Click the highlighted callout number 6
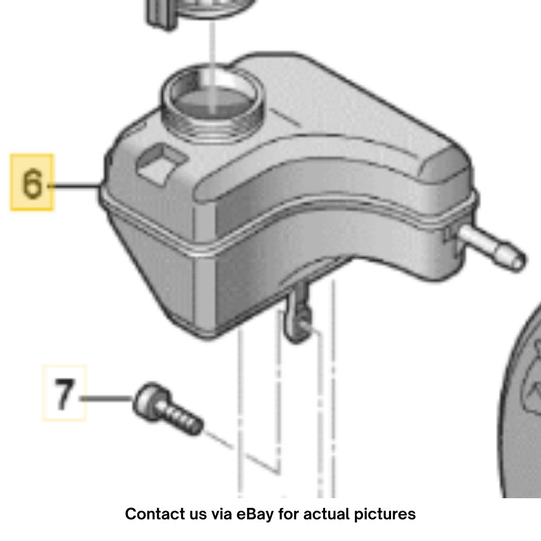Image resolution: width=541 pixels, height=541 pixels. [32, 182]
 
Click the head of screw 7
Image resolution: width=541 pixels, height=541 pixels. [149, 400]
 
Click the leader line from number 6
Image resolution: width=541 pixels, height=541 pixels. [75, 186]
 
